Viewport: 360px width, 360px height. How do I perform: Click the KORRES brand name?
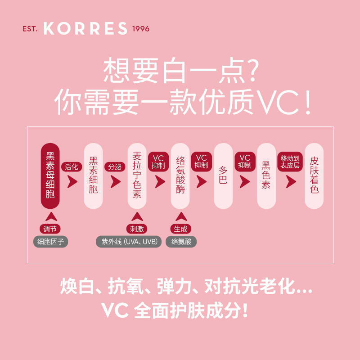[85, 29]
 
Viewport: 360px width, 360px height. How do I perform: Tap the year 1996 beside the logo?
[141, 29]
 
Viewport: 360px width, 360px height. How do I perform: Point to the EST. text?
[31, 29]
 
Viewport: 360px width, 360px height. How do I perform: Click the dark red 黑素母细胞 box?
[50, 175]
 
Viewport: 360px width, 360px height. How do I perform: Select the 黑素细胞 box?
[94, 175]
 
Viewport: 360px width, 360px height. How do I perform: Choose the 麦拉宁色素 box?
[137, 175]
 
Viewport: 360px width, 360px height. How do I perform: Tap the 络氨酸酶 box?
[180, 175]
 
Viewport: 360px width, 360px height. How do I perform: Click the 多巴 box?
[223, 175]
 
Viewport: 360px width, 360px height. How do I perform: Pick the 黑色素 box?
[266, 175]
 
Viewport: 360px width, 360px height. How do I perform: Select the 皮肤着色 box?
[314, 175]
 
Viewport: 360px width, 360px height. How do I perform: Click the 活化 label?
[71, 166]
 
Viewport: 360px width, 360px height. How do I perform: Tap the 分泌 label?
[115, 166]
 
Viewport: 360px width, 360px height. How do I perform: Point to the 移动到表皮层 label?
[290, 162]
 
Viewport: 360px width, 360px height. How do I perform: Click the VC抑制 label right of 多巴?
[245, 162]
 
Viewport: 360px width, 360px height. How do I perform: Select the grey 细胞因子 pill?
[50, 242]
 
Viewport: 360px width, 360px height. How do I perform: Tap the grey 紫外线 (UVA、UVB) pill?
[129, 242]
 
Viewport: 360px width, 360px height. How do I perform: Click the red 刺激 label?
[137, 229]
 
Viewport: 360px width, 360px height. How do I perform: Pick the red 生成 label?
[180, 229]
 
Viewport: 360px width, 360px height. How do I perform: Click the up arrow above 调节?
[50, 216]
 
